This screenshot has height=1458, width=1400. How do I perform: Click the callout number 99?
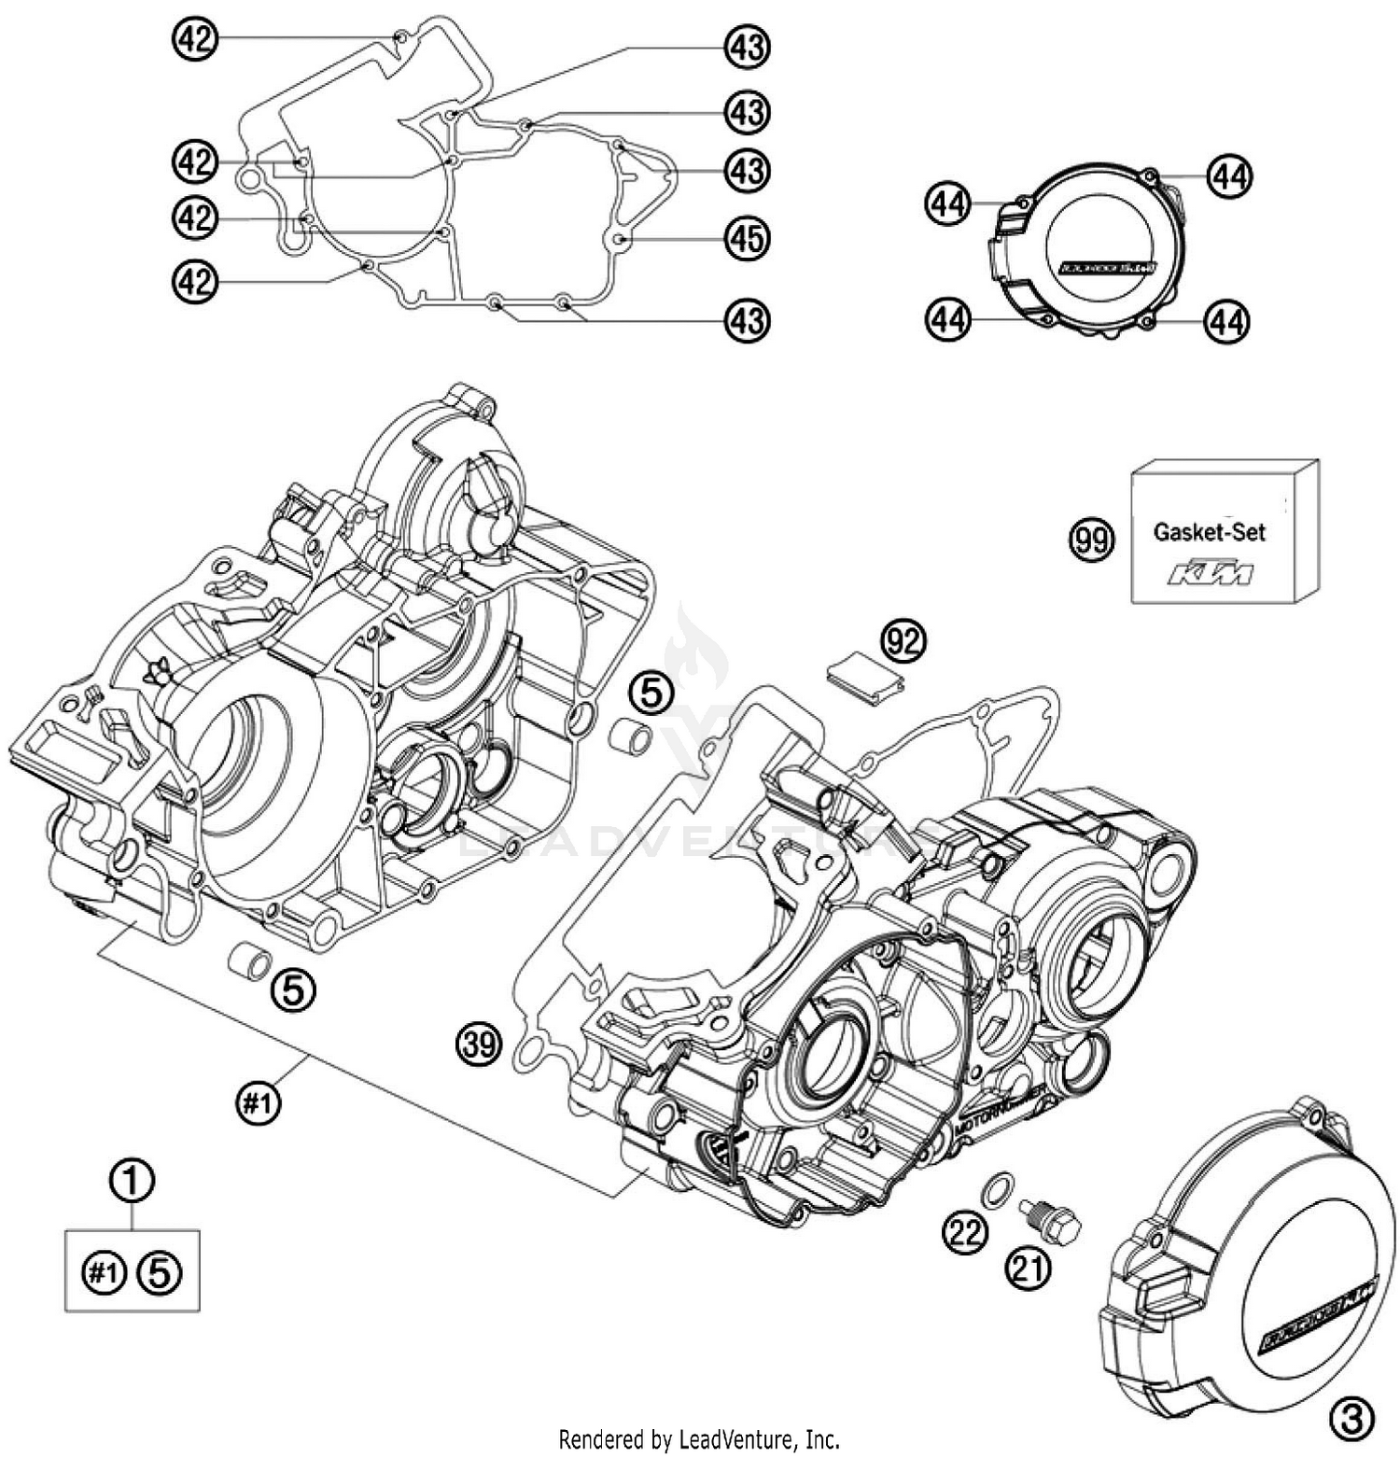tap(1091, 540)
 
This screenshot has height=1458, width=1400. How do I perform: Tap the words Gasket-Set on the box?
tap(1209, 532)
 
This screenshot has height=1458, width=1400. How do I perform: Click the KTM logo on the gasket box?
tap(1211, 574)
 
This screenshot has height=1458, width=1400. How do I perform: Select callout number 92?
tap(903, 641)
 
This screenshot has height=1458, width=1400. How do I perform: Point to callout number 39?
tap(479, 1044)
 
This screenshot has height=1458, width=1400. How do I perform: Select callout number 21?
tap(1028, 1269)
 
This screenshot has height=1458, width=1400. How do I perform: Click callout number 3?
tap(1351, 1420)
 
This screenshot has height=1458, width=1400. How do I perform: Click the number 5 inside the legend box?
tap(160, 1271)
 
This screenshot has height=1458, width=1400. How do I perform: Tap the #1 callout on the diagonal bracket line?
tap(258, 1104)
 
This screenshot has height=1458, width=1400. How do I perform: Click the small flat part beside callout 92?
tap(864, 678)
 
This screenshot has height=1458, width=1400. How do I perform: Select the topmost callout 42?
tap(194, 39)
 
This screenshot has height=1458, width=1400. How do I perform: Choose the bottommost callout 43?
tap(747, 321)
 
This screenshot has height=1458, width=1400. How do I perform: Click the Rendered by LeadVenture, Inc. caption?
tap(699, 1438)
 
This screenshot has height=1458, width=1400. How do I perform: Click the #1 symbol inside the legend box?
tap(104, 1271)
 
